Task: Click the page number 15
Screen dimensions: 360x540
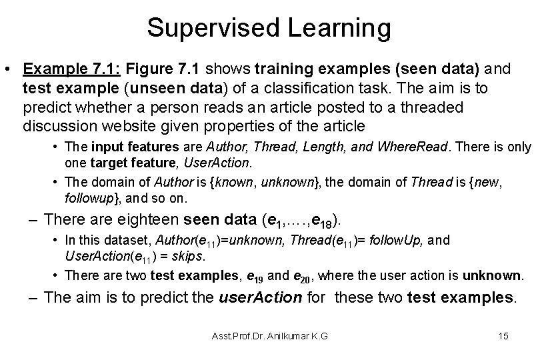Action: (x=503, y=336)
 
